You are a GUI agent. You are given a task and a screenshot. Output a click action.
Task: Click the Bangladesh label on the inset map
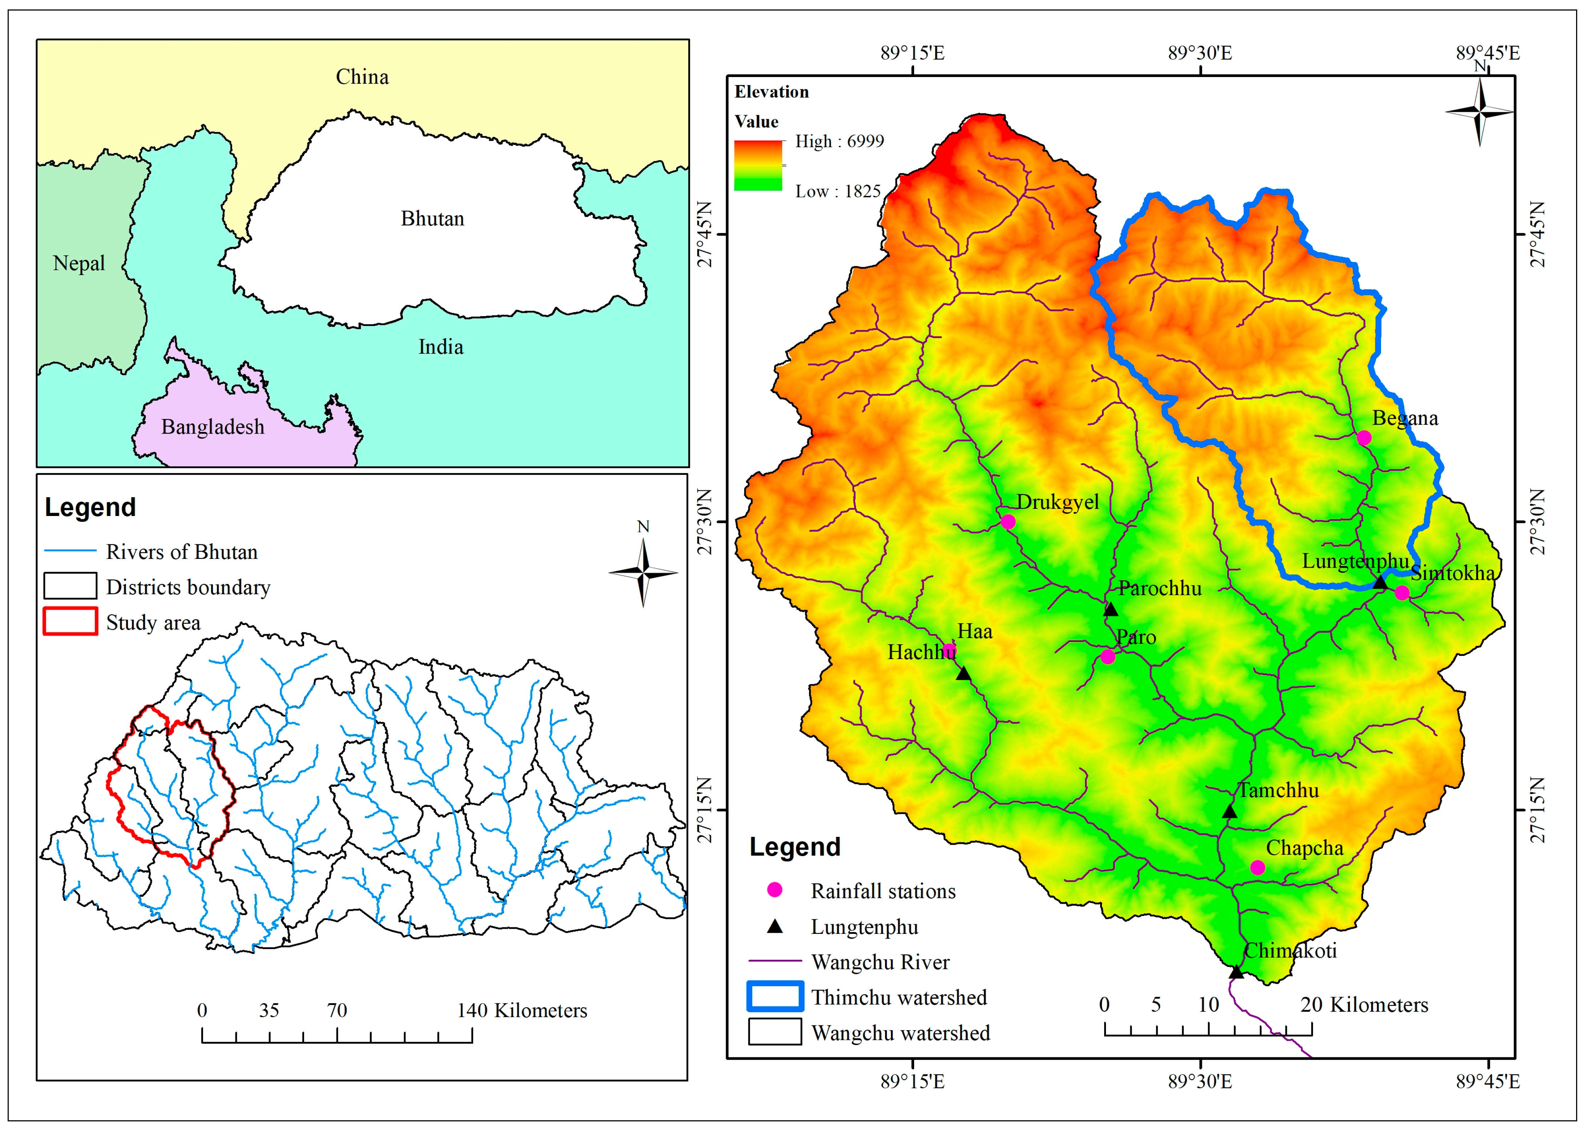coord(213,427)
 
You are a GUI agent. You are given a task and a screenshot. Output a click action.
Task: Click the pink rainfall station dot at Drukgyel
coord(1007,521)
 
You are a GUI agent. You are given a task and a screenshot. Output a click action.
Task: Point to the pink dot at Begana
coord(1364,438)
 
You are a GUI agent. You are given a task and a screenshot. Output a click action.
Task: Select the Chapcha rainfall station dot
coord(1257,868)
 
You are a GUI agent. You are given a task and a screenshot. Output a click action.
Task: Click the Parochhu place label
coord(1159,588)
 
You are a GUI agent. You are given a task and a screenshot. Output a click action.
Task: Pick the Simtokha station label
coord(1453,573)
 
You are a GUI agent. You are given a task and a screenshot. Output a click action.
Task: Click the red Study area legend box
coord(70,621)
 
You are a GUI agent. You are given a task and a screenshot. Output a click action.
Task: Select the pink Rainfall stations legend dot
coord(775,890)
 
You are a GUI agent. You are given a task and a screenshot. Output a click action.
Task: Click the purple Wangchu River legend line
coord(775,961)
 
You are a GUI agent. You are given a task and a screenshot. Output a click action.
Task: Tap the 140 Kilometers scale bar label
coord(522,1010)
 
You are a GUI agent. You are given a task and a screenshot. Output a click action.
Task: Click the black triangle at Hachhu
coord(964,674)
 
